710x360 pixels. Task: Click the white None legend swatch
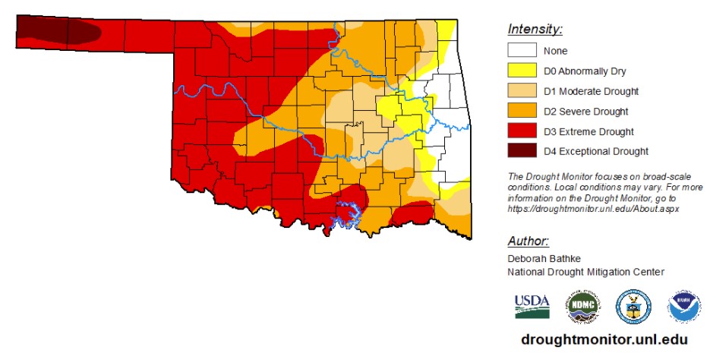522,51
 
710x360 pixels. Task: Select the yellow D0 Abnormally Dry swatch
522,71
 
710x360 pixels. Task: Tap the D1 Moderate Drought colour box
522,91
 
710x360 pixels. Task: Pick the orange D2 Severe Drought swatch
522,112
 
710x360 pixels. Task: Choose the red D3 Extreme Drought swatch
522,131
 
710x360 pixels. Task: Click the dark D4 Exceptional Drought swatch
522,151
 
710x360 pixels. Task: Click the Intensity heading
535,30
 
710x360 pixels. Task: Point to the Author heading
528,242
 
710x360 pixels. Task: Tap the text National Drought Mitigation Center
585,271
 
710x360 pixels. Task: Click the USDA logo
532,306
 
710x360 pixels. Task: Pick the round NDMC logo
582,307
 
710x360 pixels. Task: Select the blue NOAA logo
683,307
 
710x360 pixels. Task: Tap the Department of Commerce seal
633,307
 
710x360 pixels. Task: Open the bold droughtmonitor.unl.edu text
604,339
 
